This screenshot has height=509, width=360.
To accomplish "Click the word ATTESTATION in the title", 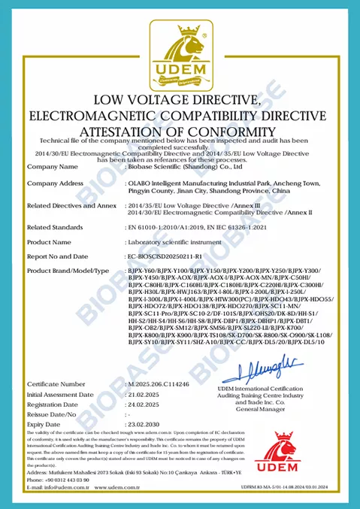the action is tap(140, 131).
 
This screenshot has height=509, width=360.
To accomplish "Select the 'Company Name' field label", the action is tap(53, 165).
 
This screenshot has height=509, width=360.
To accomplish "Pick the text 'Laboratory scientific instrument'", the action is tap(171, 243).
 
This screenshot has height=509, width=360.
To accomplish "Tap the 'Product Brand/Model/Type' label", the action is tap(69, 270).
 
